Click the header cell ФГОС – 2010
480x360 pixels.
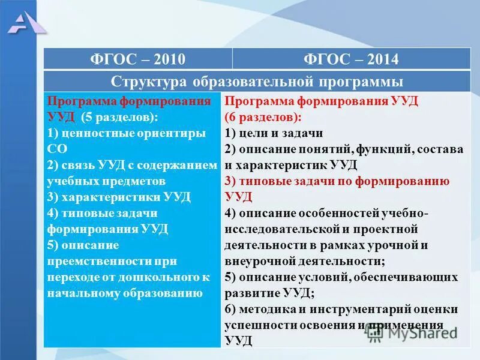pos(137,59)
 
